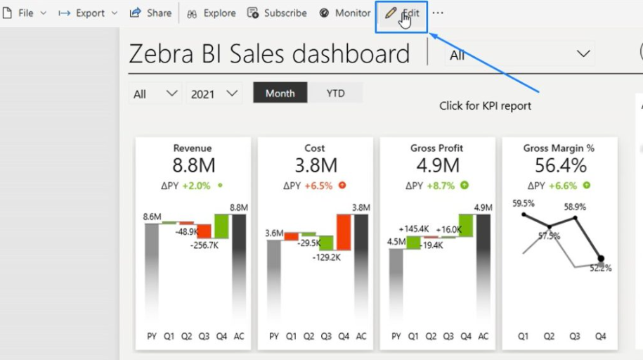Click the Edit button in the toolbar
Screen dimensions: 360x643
403,13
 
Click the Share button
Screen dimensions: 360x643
151,13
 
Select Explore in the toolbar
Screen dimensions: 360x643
212,13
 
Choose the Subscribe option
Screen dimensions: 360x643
277,13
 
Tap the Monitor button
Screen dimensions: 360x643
345,13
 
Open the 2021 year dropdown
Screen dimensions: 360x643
214,94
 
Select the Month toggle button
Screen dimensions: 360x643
280,94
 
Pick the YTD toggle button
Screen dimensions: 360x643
336,94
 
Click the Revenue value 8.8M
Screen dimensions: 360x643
193,166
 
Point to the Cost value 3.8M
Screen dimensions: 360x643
315,166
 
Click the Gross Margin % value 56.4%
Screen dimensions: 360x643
560,166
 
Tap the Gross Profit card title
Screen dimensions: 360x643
436,148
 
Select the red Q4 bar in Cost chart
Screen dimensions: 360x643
344,232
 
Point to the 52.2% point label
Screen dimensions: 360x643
601,268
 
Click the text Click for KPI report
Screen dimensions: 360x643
485,106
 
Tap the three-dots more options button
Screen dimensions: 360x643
438,13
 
